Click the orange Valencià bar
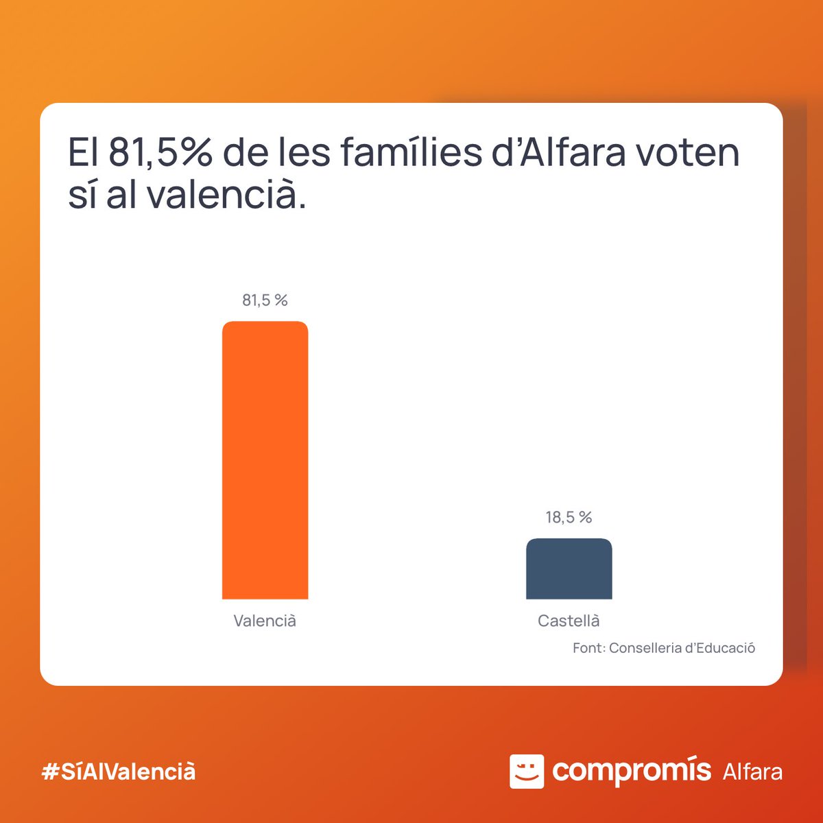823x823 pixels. tap(265, 460)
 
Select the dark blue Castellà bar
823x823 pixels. tap(569, 569)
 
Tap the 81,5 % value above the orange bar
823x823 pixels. tap(265, 300)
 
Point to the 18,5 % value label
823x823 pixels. tap(569, 517)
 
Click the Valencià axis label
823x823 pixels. tap(265, 621)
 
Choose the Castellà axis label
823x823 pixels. tap(569, 621)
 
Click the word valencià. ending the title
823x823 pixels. tap(226, 195)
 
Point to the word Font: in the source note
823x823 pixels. tap(588, 648)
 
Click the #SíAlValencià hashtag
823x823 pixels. tap(119, 772)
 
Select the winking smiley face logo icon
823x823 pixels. tap(526, 772)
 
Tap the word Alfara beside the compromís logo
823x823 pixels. tap(752, 772)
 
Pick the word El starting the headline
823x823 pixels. tap(84, 153)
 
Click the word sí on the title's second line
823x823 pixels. tap(82, 195)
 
